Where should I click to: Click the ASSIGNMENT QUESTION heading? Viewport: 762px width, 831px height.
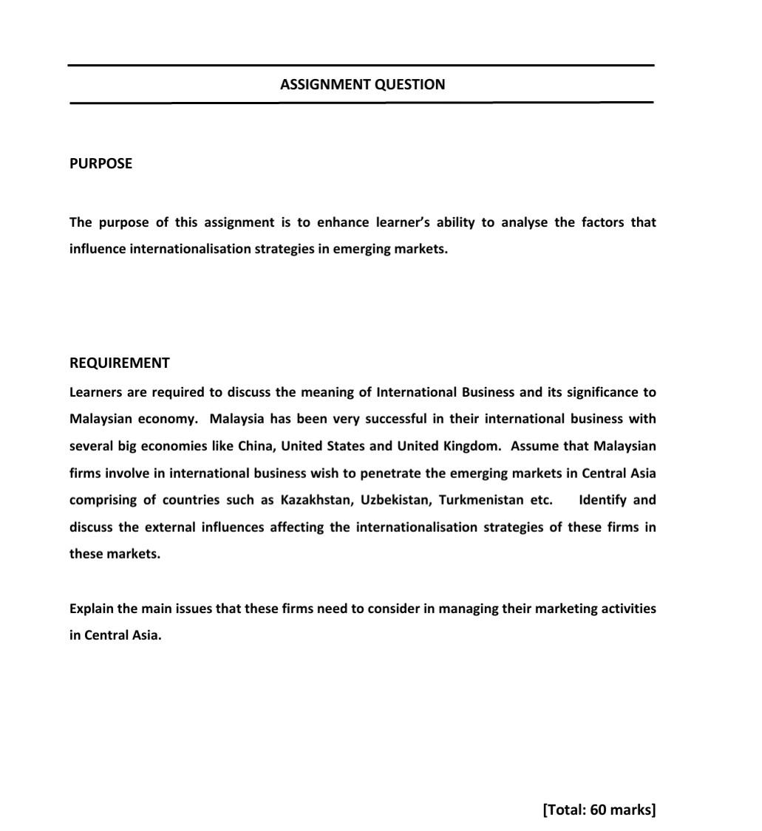point(362,84)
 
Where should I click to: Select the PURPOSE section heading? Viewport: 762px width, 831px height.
point(101,164)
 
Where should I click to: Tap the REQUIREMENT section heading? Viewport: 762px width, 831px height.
point(119,363)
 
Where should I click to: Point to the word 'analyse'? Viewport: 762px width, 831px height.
point(524,222)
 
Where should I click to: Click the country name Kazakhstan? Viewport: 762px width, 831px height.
point(316,500)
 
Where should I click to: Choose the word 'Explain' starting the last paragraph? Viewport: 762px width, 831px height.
point(92,609)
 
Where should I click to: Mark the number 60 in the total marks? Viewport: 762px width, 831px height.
point(599,810)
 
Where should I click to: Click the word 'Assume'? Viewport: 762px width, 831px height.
point(534,446)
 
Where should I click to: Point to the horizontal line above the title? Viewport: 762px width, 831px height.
point(361,66)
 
